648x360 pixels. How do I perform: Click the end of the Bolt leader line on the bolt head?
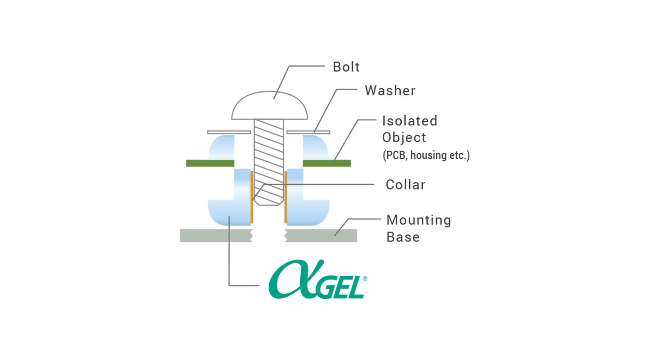click(x=274, y=99)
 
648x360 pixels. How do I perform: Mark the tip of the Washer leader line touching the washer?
click(x=314, y=132)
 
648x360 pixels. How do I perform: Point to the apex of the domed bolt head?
click(x=269, y=91)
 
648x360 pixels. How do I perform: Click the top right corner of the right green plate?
click(x=351, y=160)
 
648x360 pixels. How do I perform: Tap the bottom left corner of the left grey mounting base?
click(x=180, y=242)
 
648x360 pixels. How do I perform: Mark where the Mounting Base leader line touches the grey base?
click(x=335, y=235)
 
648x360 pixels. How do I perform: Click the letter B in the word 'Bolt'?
click(x=337, y=67)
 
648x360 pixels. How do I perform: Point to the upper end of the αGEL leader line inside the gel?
click(x=229, y=216)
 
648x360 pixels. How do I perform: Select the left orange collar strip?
click(x=252, y=197)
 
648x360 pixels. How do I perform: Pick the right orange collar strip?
click(x=285, y=197)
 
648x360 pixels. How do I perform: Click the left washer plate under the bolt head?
click(x=229, y=132)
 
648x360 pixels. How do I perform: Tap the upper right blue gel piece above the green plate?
click(x=315, y=147)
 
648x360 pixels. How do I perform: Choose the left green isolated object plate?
click(x=210, y=163)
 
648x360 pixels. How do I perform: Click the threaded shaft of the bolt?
click(x=269, y=162)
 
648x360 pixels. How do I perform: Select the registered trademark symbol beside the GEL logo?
click(x=365, y=279)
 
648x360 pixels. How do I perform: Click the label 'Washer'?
click(x=390, y=91)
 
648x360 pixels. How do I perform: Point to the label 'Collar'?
click(x=405, y=185)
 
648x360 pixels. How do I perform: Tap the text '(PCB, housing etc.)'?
click(x=426, y=156)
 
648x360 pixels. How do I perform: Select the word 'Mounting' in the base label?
click(x=419, y=220)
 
